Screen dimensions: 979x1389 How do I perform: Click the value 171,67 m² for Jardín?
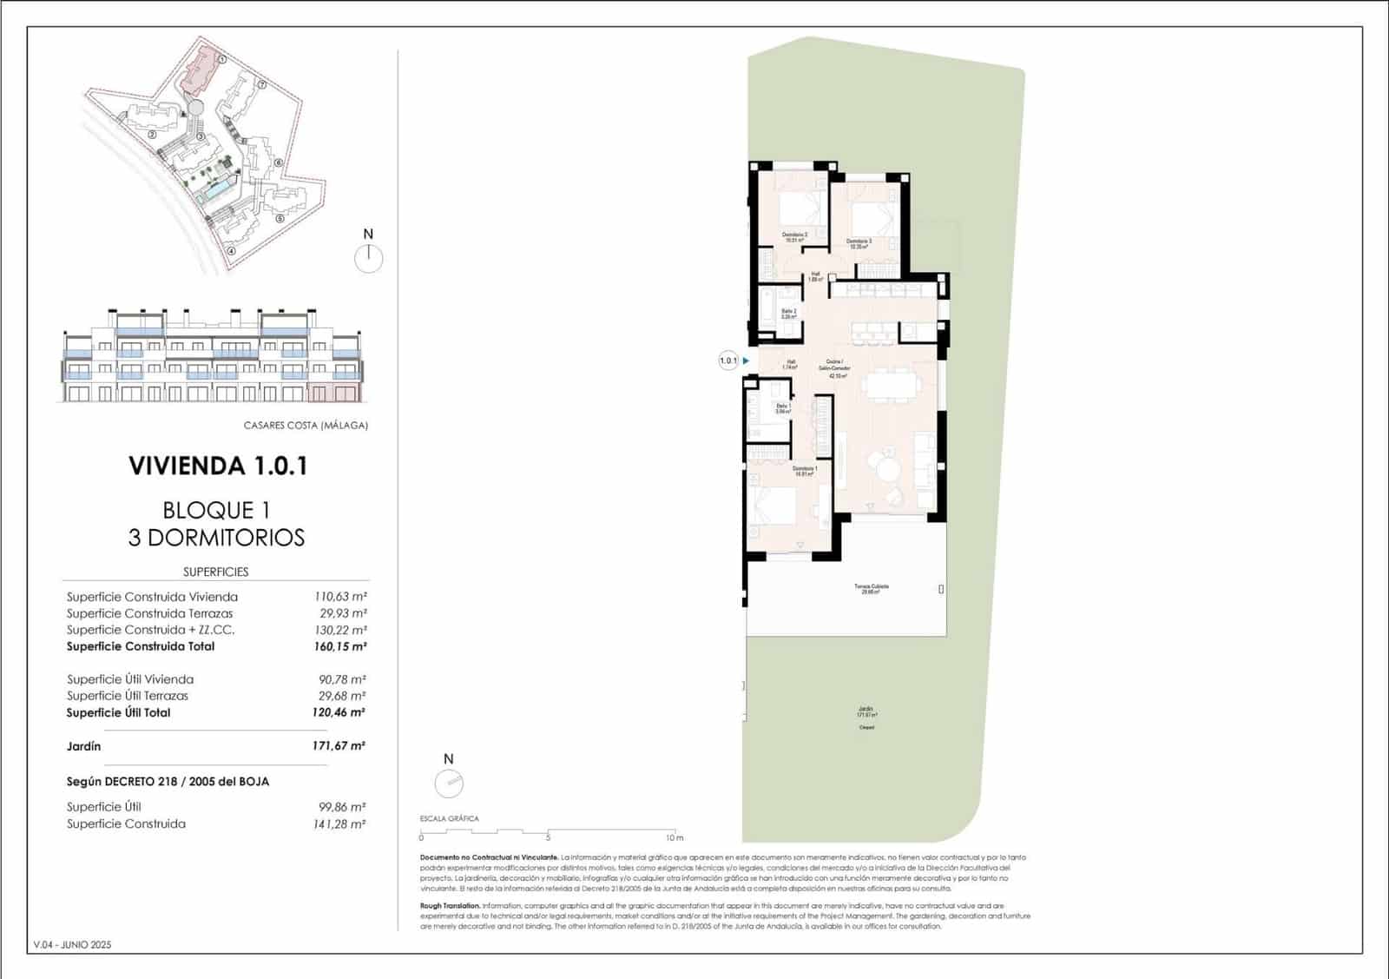coord(339,746)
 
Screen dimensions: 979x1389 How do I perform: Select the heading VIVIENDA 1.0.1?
coord(218,466)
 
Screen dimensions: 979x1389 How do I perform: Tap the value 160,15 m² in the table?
coord(339,647)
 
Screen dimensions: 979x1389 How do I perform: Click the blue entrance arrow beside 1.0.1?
coord(746,361)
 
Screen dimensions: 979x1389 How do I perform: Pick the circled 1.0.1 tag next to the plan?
coord(727,361)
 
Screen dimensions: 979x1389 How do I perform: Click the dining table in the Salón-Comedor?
coord(892,384)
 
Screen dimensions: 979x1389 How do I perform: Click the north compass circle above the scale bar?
coord(449,784)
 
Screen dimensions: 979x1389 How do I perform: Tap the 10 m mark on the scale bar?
coord(674,837)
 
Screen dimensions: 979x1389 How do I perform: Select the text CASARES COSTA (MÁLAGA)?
coord(306,426)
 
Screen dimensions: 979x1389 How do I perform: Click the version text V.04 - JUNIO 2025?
coord(72,945)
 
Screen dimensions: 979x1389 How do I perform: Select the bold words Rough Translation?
coord(450,906)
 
